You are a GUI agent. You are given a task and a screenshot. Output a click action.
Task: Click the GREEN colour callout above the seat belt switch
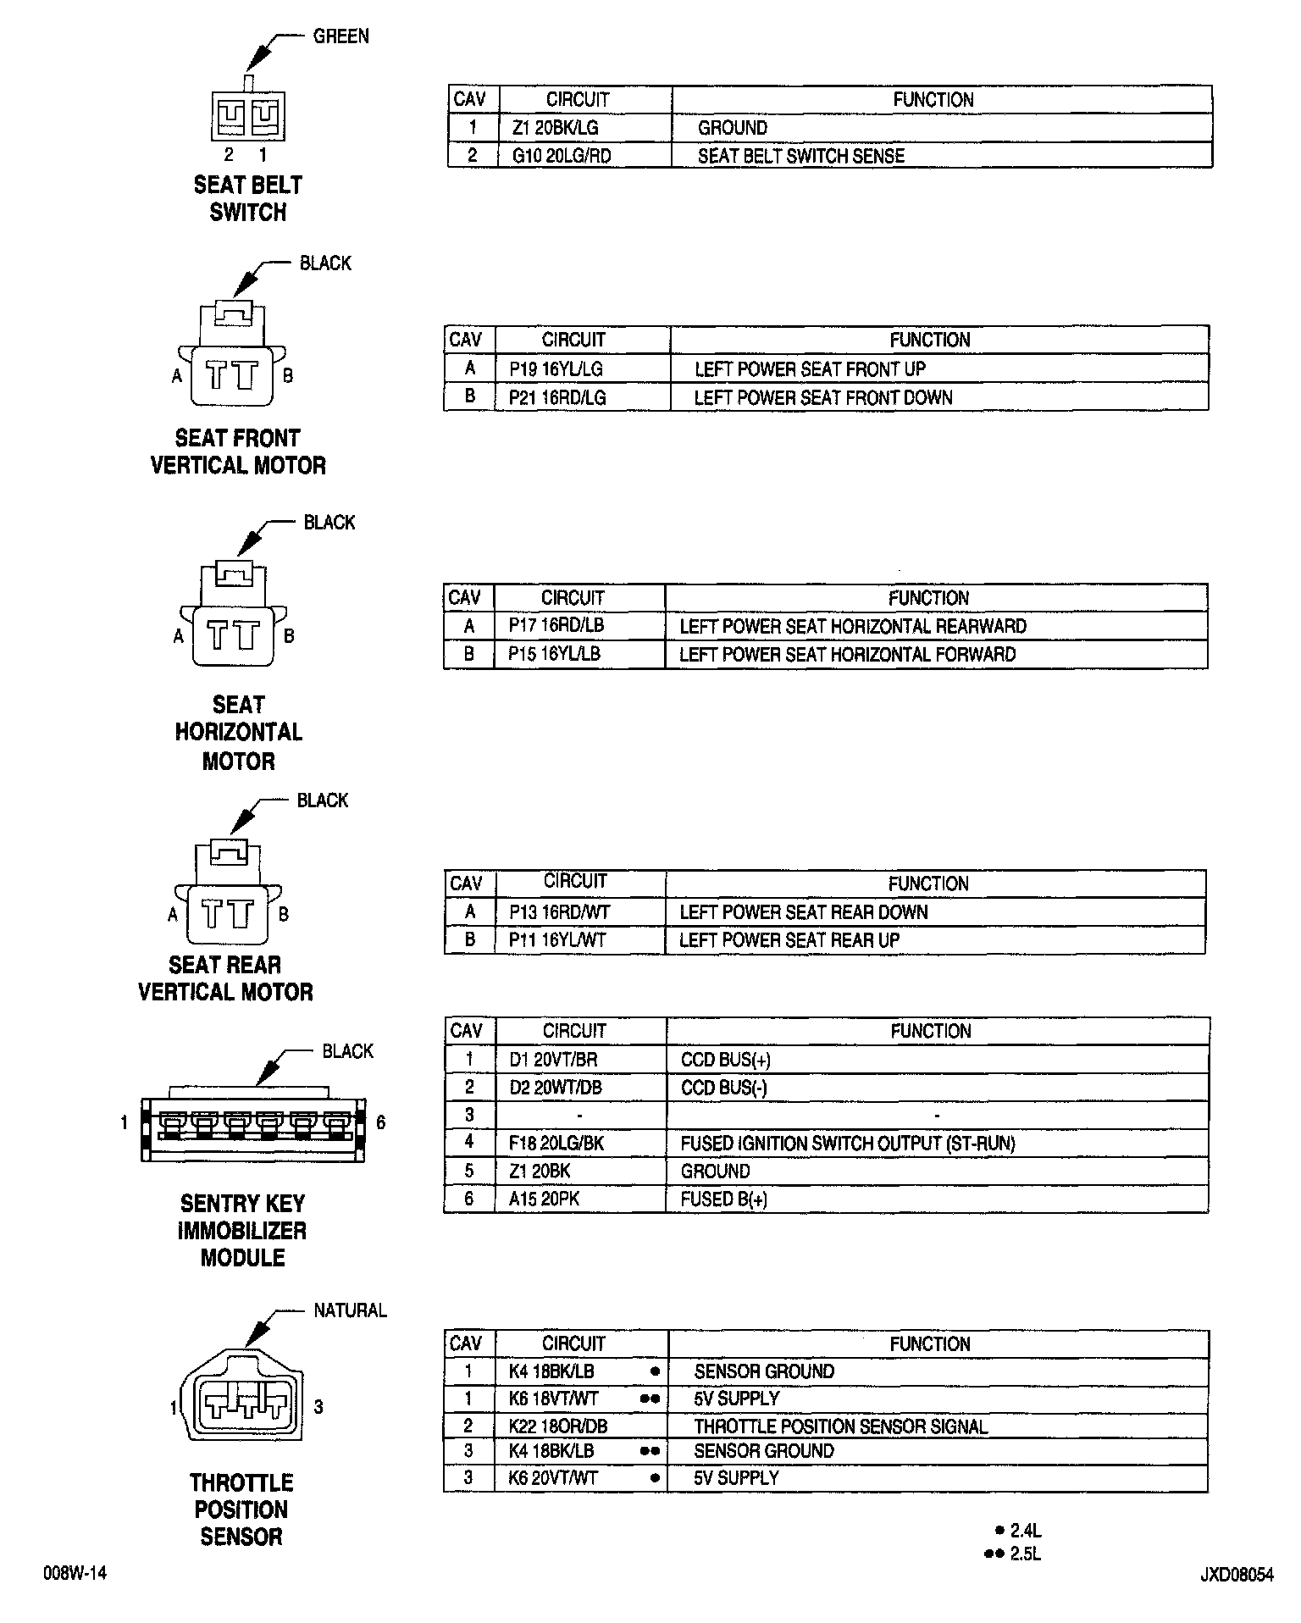click(x=340, y=36)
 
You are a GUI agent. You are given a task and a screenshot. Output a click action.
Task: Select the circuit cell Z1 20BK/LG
click(x=555, y=128)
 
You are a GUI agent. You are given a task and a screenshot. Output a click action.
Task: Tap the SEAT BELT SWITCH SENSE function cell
click(x=800, y=156)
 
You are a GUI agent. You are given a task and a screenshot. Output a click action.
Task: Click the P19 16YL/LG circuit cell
click(x=556, y=368)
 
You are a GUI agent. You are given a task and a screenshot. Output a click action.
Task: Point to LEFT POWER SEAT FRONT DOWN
click(x=822, y=397)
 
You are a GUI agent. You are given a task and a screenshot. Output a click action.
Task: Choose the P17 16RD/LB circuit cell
click(x=556, y=626)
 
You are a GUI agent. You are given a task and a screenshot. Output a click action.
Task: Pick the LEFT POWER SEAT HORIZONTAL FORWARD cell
click(x=847, y=654)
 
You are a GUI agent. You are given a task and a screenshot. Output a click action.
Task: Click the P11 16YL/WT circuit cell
click(x=556, y=939)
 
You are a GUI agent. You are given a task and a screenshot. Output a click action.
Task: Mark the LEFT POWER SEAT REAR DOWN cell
click(x=803, y=912)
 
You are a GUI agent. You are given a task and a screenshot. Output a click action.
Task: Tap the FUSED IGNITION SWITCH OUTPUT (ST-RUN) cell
click(x=847, y=1143)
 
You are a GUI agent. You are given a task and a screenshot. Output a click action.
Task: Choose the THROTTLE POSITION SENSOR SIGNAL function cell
click(x=840, y=1426)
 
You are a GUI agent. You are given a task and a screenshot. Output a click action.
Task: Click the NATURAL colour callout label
click(x=350, y=1310)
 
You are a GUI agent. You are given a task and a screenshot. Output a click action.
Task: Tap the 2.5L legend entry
click(x=1025, y=1554)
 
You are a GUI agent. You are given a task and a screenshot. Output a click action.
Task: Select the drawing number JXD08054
click(x=1236, y=1576)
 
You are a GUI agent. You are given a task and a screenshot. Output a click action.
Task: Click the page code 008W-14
click(x=75, y=1574)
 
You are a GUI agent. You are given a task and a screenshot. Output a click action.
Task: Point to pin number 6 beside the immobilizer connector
click(x=381, y=1122)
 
